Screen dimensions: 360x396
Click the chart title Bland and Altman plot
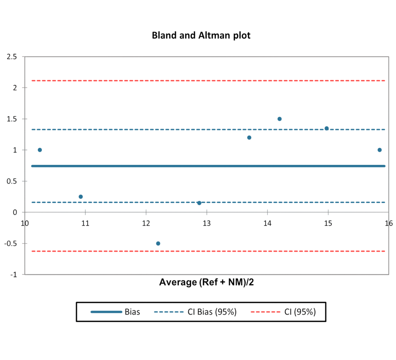[201, 36]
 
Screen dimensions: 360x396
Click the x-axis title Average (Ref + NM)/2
[206, 282]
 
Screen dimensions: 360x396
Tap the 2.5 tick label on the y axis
[12, 56]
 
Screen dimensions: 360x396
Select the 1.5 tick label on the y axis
[12, 119]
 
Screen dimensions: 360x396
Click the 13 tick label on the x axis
[206, 223]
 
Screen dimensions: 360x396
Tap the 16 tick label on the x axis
[389, 223]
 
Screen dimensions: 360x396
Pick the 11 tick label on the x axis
[85, 223]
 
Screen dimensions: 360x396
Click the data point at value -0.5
[158, 243]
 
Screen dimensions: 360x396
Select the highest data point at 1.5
[279, 119]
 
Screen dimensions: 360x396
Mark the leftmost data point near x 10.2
[40, 150]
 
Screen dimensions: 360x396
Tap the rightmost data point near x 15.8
[380, 150]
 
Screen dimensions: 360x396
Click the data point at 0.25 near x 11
[80, 197]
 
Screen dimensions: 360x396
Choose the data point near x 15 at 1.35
[326, 128]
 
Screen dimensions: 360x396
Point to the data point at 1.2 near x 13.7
[249, 138]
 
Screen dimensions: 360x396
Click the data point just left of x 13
[199, 203]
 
